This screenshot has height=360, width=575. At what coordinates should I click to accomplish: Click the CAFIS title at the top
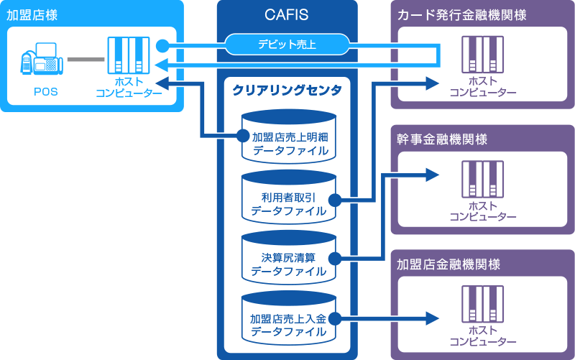tap(287, 14)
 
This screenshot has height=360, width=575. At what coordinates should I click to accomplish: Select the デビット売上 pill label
tap(287, 45)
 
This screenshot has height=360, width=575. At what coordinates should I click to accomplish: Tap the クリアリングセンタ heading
tap(287, 90)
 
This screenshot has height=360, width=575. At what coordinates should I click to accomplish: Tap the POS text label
tap(45, 92)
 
